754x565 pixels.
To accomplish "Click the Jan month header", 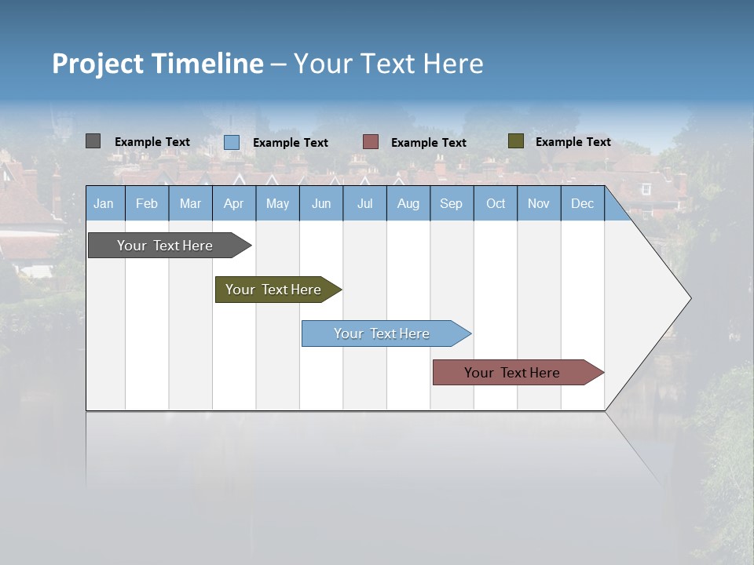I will tap(104, 203).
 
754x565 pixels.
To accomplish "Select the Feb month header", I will tap(147, 203).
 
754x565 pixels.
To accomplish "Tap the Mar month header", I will tap(190, 203).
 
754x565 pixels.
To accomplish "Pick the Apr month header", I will tap(234, 203).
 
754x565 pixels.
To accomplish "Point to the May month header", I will tap(277, 203).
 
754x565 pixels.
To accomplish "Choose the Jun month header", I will tap(321, 203).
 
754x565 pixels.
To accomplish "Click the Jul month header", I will tap(364, 203).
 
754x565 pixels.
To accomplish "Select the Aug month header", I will tap(408, 203).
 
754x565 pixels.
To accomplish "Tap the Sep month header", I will tap(452, 203).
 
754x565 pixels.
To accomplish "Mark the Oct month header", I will tap(496, 203).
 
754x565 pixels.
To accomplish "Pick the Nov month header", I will tap(539, 203).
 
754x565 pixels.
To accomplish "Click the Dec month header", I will tap(583, 203).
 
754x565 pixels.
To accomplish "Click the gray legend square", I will tap(93, 141).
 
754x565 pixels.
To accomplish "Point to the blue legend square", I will tap(232, 142).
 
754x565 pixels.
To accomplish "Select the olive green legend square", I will tap(516, 141).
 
